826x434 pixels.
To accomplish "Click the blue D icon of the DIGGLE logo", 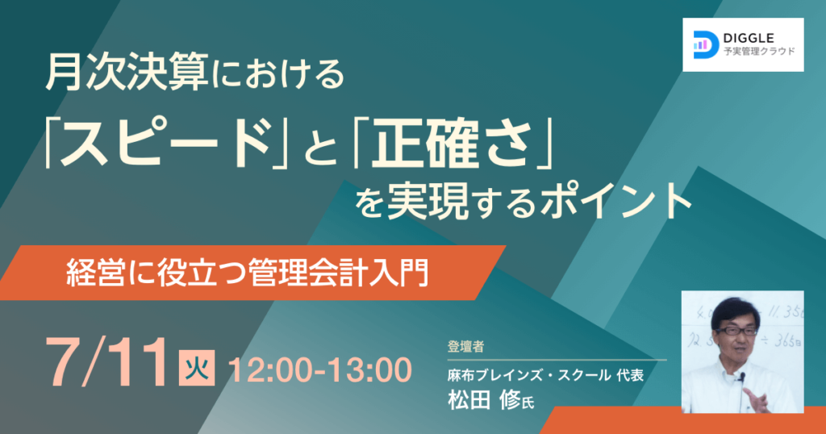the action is [706, 44].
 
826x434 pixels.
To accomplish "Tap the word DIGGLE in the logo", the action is [749, 38].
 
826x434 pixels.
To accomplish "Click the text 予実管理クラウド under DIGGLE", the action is [759, 52].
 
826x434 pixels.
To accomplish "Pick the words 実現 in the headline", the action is [428, 201].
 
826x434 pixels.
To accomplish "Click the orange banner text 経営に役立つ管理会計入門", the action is [248, 273].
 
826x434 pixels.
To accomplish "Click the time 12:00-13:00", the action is [320, 369].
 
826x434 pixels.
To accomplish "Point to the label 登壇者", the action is [465, 347].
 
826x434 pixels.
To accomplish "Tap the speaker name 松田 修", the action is [484, 400].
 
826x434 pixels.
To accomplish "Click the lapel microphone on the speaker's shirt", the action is [742, 378].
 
